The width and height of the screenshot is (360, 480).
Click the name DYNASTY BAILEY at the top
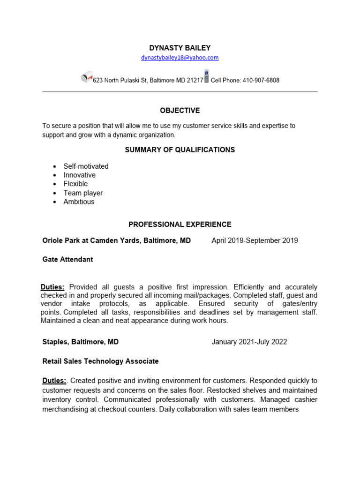point(180,48)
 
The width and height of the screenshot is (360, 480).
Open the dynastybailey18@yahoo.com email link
point(180,58)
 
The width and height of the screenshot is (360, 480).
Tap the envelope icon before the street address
point(86,78)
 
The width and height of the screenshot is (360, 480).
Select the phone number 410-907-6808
point(261,80)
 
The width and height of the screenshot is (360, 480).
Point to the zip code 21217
point(195,80)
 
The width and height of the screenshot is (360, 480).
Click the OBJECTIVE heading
point(180,111)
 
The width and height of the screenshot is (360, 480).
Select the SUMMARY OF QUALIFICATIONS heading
point(180,150)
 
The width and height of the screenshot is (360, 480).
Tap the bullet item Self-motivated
point(86,166)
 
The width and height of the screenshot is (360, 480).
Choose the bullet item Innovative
point(79,175)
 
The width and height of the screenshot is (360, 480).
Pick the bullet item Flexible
point(75,184)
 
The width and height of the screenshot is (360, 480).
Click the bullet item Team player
point(83,193)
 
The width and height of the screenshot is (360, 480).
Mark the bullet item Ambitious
point(79,202)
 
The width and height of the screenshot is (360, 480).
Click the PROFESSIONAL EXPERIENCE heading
point(180,225)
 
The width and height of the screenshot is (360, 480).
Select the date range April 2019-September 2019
point(255,240)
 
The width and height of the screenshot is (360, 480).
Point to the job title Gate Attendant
point(67,259)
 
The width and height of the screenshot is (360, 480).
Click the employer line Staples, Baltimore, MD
point(80,342)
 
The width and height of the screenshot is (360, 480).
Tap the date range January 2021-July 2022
point(249,342)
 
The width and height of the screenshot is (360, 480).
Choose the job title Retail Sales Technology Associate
point(100,361)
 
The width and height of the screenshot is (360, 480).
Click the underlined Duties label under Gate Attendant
point(52,287)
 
